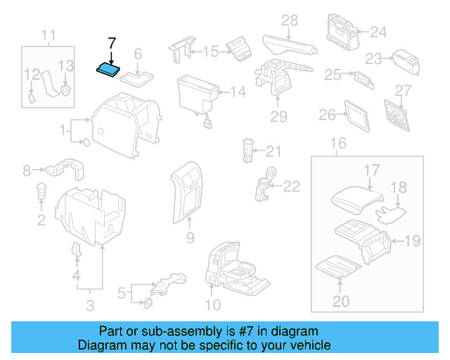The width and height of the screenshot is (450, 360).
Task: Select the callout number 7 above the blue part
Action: point(111,43)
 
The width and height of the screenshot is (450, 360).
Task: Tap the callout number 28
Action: point(290,21)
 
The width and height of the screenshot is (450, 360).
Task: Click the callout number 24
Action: point(378,32)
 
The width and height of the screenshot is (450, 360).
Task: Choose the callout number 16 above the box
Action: point(338,144)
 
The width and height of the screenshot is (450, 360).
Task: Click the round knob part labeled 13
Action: point(65,89)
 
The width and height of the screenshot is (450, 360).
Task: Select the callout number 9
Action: point(189,238)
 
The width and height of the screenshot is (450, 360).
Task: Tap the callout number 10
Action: point(212,304)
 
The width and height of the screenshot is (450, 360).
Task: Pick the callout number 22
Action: point(291,186)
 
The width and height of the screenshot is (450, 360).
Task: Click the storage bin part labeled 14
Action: point(197,91)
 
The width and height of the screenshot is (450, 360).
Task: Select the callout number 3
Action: point(90,305)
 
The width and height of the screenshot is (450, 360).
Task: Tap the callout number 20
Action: point(340,302)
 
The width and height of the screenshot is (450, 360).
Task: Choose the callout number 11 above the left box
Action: point(48,35)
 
